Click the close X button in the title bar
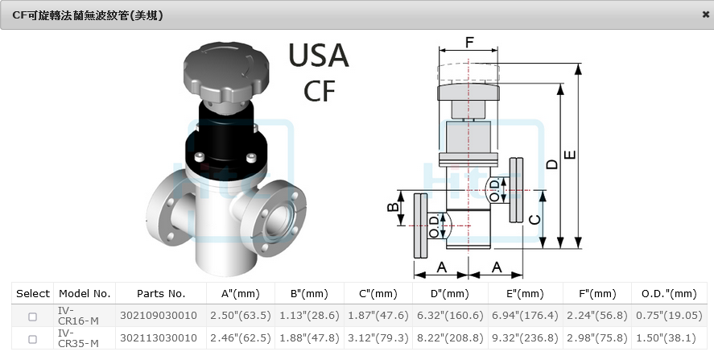[706, 14]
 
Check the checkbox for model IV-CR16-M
[32, 316]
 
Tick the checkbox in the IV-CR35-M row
[32, 339]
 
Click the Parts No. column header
[161, 294]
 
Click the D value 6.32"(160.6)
[450, 316]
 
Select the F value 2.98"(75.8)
[596, 338]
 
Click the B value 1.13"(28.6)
[309, 316]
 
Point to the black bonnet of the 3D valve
[226, 137]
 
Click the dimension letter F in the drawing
[469, 42]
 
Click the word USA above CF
[319, 56]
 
